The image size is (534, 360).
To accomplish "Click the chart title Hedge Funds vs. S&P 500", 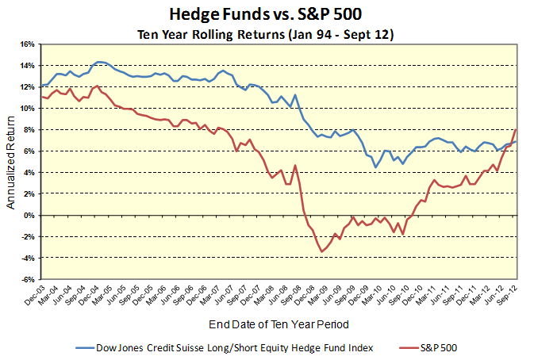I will pos(267,14).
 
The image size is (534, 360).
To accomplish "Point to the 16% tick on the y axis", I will pos(25,44).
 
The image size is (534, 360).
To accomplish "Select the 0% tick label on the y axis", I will pos(28,216).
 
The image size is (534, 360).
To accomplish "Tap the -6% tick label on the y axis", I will pos(26,280).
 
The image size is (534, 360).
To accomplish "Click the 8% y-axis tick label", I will pos(28,130).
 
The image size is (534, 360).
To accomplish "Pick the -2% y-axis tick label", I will pos(26,237).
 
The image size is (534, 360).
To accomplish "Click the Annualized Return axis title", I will pos(11,162).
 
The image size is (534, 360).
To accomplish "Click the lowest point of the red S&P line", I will pos(322,252).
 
